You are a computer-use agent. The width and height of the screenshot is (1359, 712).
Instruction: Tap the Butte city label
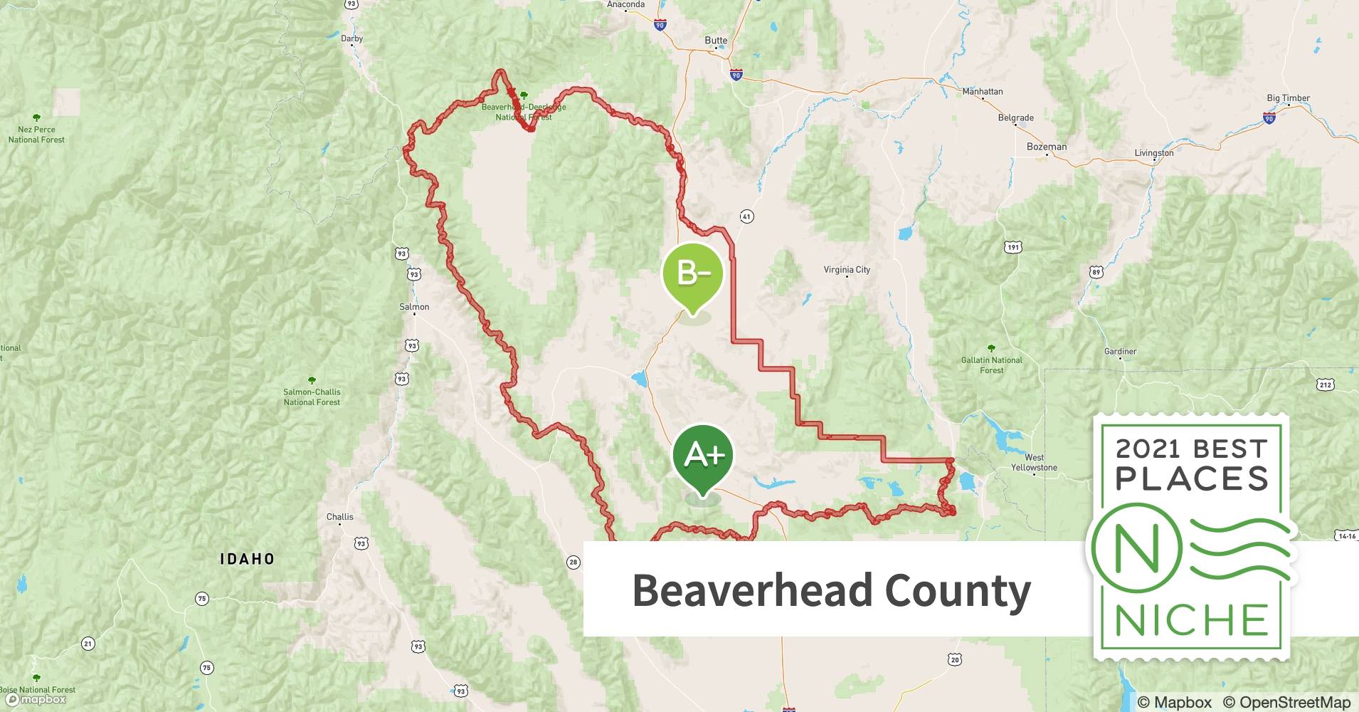click(716, 41)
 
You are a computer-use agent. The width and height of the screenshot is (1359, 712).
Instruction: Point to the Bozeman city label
click(1047, 147)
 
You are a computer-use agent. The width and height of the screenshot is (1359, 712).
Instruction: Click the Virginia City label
click(847, 270)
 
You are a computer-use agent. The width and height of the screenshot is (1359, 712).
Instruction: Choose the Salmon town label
click(414, 307)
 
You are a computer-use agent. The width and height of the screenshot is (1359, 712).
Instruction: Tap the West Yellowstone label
click(1034, 463)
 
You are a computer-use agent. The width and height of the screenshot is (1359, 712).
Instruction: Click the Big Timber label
click(1288, 98)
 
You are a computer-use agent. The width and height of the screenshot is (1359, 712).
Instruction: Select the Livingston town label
click(1154, 153)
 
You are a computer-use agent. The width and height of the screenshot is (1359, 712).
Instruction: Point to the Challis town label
click(340, 517)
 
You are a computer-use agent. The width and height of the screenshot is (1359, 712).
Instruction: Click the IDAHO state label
click(247, 559)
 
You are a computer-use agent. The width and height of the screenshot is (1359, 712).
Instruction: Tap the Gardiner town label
click(1120, 351)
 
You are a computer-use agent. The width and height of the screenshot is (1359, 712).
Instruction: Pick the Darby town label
click(351, 39)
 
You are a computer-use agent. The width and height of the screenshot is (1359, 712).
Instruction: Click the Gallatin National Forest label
click(991, 365)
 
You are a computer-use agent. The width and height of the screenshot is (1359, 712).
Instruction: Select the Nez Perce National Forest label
click(36, 135)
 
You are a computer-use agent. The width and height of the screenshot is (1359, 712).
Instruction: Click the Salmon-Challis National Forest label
click(312, 397)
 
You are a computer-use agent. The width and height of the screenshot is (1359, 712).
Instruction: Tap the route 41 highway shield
click(746, 216)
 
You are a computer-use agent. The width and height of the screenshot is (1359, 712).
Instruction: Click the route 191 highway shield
click(1013, 247)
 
